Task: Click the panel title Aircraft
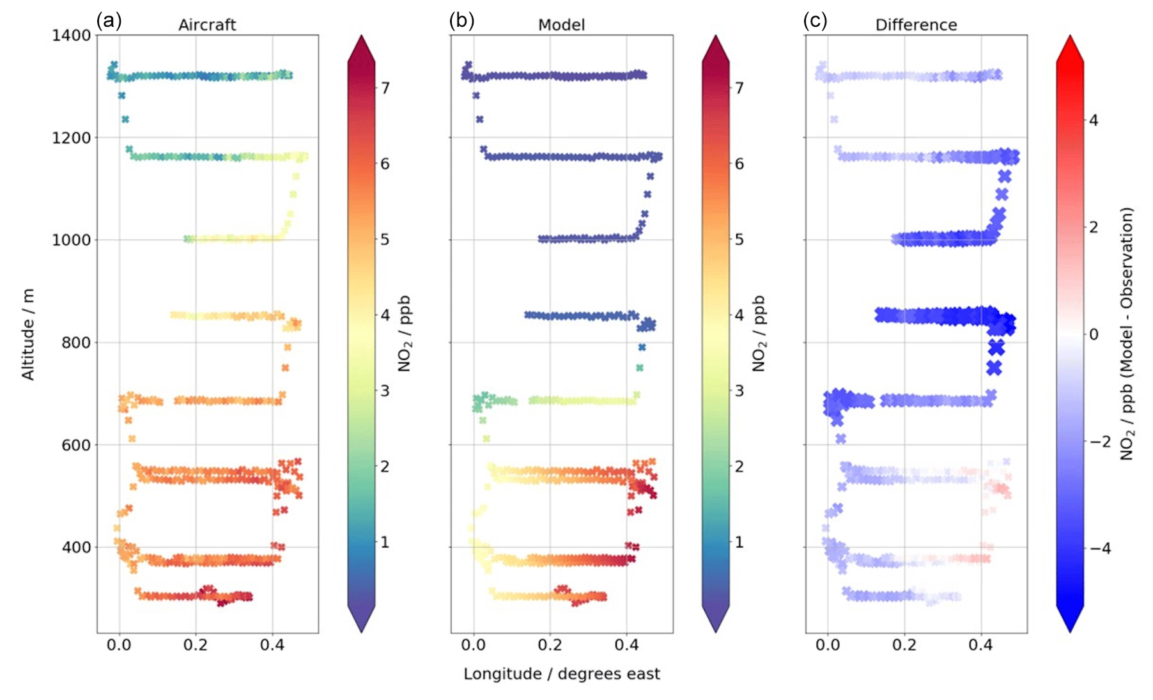pos(207,25)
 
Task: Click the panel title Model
pos(561,25)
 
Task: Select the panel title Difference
pos(916,25)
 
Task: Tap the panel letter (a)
pos(109,20)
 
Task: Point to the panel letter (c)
pos(815,20)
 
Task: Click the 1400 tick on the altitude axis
pos(72,35)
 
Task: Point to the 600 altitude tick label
pos(75,445)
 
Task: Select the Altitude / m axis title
pos(28,334)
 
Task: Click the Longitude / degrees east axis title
pos(562,674)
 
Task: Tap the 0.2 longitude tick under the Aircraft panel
pos(196,645)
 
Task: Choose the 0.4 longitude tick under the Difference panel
pos(981,645)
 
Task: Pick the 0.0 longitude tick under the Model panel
pos(474,645)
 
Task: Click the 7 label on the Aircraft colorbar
pos(385,88)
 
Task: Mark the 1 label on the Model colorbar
pos(739,542)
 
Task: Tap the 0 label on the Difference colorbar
pos(1094,334)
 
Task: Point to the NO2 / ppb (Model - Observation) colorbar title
pos(1127,334)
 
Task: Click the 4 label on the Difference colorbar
pos(1094,120)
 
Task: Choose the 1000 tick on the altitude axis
pos(72,240)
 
